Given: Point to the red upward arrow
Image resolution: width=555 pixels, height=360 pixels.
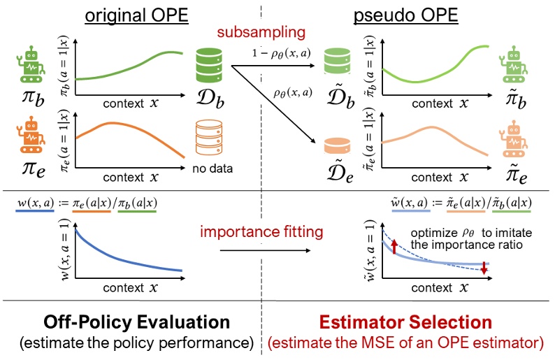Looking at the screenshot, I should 394,246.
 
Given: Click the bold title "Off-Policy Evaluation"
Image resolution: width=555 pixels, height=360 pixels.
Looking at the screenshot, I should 137,323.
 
